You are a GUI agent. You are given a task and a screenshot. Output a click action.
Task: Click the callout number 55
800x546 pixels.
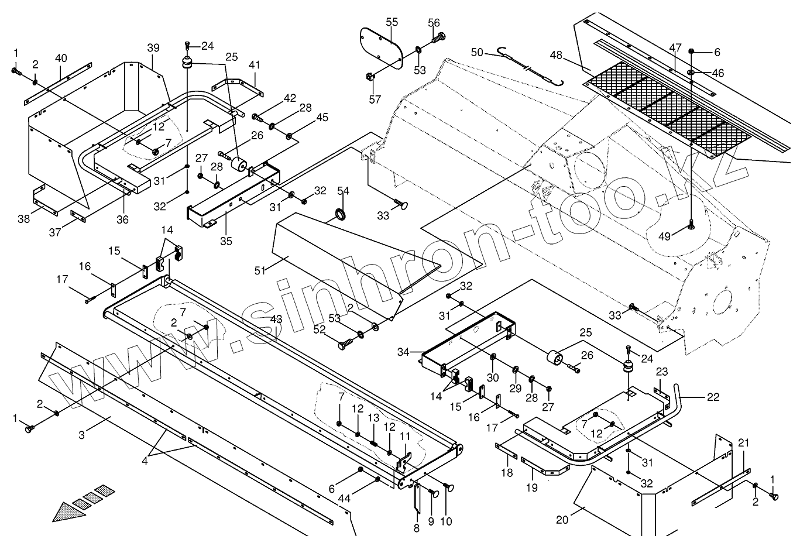click(392, 22)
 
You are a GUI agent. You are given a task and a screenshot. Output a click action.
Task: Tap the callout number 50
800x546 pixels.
click(477, 53)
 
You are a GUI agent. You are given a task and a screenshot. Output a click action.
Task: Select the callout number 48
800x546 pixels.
click(556, 55)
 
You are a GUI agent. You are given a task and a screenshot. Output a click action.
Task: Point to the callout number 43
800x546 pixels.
click(276, 320)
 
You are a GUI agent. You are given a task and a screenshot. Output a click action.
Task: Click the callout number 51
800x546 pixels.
click(260, 270)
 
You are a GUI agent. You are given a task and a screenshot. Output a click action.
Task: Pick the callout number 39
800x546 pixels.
click(153, 47)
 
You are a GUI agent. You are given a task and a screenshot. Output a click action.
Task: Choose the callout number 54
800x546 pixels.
click(343, 191)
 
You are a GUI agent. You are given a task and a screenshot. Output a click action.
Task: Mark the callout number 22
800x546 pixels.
click(713, 397)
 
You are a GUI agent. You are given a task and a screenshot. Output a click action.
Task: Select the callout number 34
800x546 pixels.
click(403, 352)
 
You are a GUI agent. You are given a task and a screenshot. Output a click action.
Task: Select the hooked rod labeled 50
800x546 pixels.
click(530, 67)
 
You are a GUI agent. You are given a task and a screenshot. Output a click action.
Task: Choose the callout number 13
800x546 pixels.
click(373, 419)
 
